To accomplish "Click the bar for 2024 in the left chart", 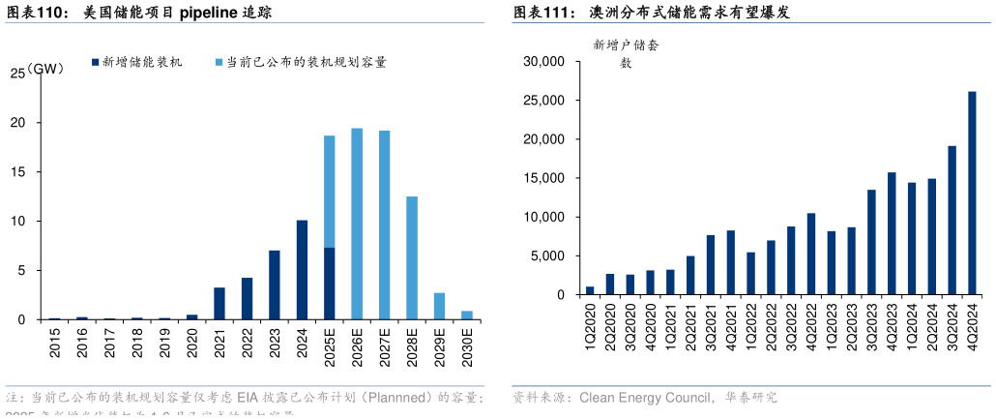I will pyautogui.click(x=302, y=270).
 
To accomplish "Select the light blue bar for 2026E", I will pyautogui.click(x=357, y=224).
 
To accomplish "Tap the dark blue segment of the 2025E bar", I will pyautogui.click(x=330, y=284).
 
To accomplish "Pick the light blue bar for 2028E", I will pyautogui.click(x=412, y=257).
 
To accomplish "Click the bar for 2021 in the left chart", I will pyautogui.click(x=220, y=303).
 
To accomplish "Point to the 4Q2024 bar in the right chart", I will pyautogui.click(x=972, y=194).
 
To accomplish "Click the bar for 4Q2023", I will pyautogui.click(x=892, y=233).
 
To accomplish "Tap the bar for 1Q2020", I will pyautogui.click(x=590, y=290).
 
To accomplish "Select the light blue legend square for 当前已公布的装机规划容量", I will pyautogui.click(x=219, y=62).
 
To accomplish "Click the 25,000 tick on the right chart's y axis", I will pyautogui.click(x=543, y=101).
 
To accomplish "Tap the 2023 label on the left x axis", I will pyautogui.click(x=275, y=345).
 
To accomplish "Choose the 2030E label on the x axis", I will pyautogui.click(x=467, y=347).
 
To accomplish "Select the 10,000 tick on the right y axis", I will pyautogui.click(x=543, y=217).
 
